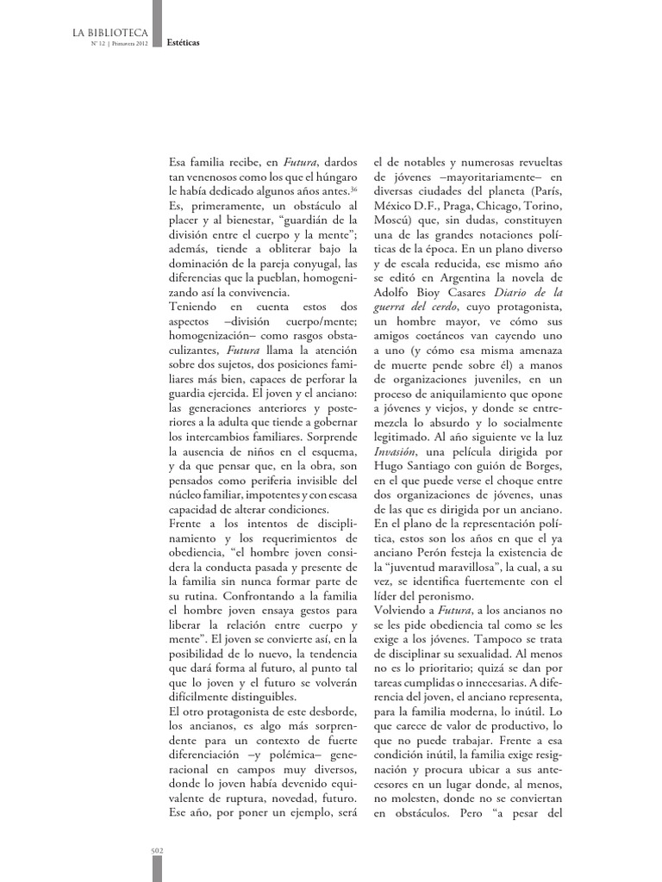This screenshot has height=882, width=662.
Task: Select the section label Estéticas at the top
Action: pos(184,52)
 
